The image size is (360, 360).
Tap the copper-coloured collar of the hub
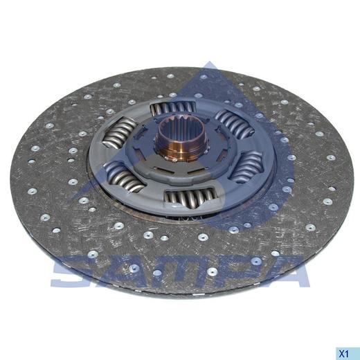(x=182, y=150)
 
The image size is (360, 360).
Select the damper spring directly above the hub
(x=173, y=108)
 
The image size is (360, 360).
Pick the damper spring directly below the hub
(x=190, y=197)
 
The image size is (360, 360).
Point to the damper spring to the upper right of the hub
(x=235, y=123)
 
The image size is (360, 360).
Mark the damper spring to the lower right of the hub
(x=248, y=165)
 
